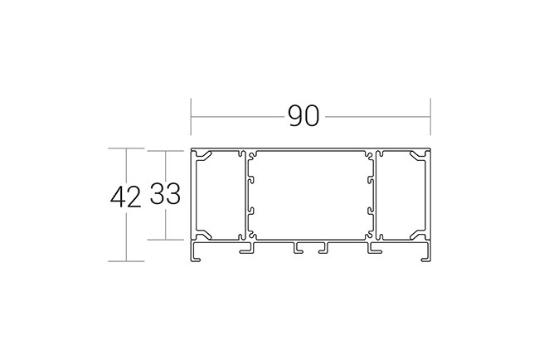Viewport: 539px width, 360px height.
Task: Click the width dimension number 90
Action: [x=303, y=116]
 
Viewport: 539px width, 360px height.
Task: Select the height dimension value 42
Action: [x=126, y=197]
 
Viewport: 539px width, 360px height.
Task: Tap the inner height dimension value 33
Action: [x=165, y=194]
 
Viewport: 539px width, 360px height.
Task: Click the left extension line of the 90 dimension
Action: [x=191, y=117]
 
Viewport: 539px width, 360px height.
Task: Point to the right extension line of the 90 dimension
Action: [x=430, y=117]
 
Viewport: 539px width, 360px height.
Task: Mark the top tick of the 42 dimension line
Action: [x=126, y=148]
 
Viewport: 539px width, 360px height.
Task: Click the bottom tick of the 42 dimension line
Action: [x=126, y=261]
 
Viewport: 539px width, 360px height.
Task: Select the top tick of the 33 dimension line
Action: [x=165, y=151]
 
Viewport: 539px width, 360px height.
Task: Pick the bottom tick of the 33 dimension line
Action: [x=165, y=240]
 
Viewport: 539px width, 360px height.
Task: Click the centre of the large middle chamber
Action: [x=311, y=195]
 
